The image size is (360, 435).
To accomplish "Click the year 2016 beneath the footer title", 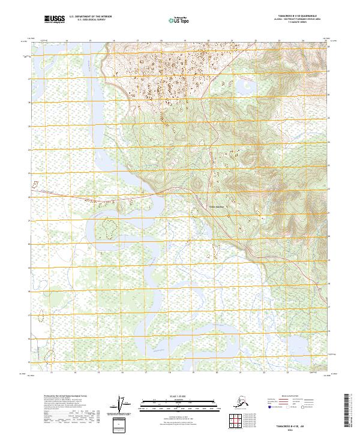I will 298,429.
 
